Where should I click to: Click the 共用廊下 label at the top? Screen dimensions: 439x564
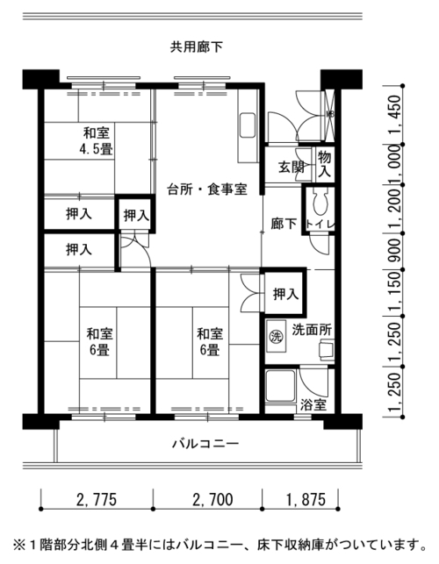point(197,47)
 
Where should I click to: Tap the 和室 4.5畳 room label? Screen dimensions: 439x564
point(97,140)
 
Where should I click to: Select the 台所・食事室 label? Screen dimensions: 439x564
point(207,189)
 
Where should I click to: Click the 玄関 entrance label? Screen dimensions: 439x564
point(291,167)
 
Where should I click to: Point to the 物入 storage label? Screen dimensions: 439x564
point(324,164)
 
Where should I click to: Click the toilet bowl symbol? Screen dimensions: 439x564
point(320,203)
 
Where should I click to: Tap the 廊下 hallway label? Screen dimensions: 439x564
point(284,224)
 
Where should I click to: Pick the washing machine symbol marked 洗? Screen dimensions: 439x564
point(276,337)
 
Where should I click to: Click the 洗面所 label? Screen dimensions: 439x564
point(312,330)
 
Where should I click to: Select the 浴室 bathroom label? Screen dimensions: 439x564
point(313,405)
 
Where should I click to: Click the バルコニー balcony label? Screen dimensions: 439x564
point(205,444)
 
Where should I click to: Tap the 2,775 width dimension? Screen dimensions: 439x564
point(97,500)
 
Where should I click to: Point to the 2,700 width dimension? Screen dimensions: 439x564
point(212,500)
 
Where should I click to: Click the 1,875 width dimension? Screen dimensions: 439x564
point(306,500)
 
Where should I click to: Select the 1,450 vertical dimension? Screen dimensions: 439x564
point(395,115)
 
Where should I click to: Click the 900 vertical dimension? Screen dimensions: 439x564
point(395,251)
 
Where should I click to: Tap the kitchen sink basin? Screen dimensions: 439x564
point(248,125)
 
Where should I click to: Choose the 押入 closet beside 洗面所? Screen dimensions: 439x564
point(285,294)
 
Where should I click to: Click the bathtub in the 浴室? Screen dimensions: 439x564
point(281,386)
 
